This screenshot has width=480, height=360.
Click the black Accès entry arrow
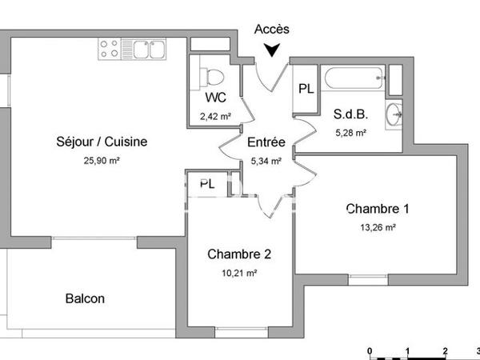click(272, 50)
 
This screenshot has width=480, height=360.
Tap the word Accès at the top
click(272, 29)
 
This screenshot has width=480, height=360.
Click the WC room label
click(215, 98)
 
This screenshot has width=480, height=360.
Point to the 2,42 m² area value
click(215, 115)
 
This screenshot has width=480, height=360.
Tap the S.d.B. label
click(350, 114)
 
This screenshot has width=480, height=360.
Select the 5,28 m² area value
click(350, 132)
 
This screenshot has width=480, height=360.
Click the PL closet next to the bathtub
click(306, 88)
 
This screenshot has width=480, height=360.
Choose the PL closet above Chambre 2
click(206, 182)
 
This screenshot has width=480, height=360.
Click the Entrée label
click(266, 142)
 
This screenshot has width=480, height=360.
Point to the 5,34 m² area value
click(266, 160)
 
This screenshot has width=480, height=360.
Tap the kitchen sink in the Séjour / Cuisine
click(144, 49)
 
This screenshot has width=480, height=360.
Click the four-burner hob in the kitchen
click(110, 49)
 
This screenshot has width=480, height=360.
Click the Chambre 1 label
click(378, 209)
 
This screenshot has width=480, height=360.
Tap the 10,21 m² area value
click(239, 273)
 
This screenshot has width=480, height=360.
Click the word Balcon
click(85, 298)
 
